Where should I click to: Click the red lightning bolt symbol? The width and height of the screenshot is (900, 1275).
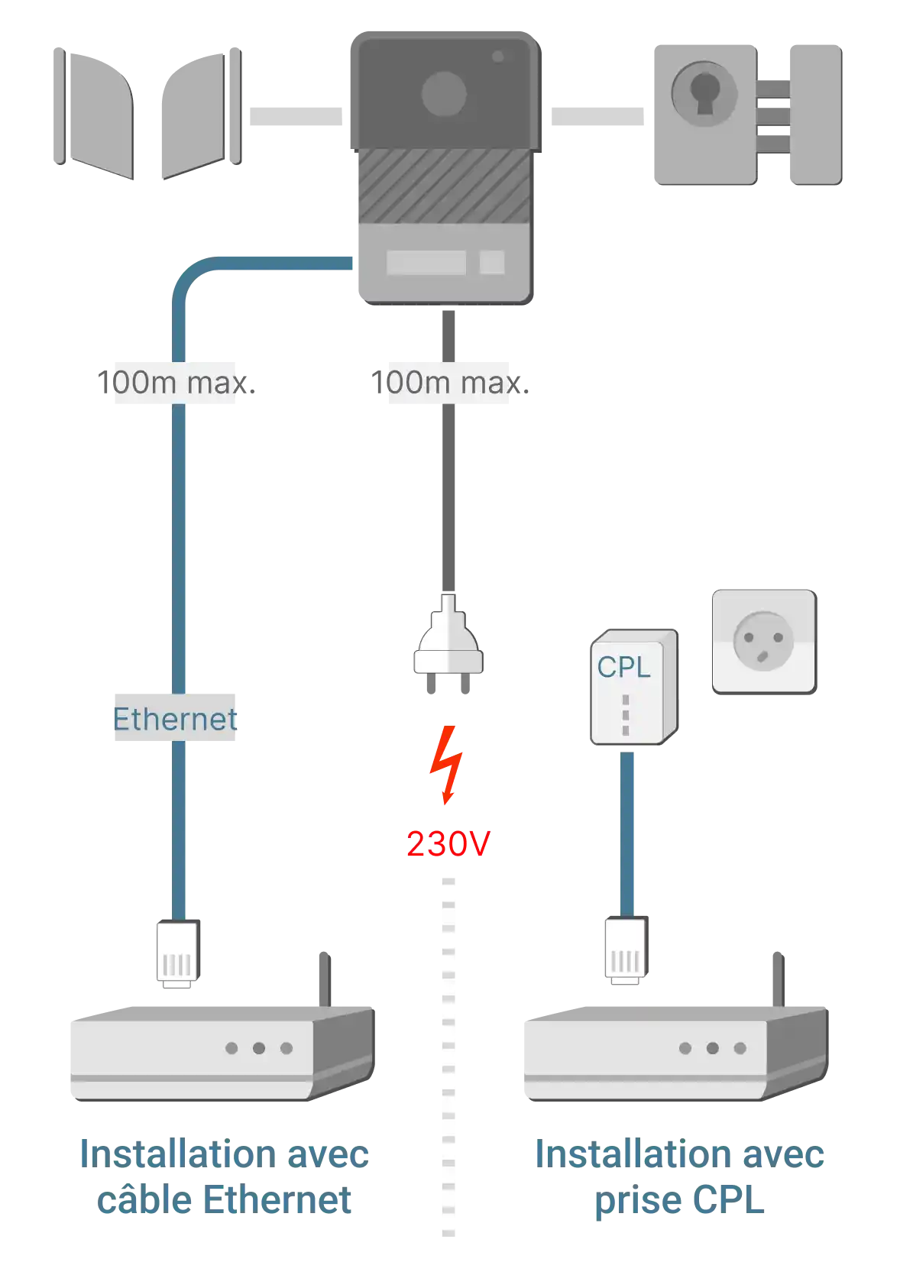click(445, 765)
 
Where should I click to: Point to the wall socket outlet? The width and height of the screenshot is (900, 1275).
click(764, 641)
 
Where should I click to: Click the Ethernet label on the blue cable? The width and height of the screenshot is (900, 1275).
click(174, 719)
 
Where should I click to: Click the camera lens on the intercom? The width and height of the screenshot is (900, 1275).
click(443, 95)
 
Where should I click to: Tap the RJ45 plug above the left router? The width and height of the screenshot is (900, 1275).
click(178, 954)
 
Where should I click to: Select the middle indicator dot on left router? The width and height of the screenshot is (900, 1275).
click(259, 1047)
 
